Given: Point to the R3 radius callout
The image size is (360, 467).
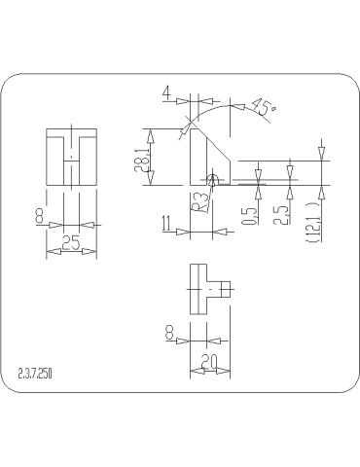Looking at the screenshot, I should [x=198, y=201].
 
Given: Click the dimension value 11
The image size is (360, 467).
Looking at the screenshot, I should [x=168, y=226].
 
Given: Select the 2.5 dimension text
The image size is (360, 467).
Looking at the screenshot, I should [x=282, y=211].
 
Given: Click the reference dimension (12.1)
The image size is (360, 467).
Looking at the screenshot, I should [x=312, y=219].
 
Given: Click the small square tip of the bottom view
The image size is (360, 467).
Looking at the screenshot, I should [x=225, y=288].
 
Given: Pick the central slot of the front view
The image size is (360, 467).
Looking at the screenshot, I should [x=71, y=162].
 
